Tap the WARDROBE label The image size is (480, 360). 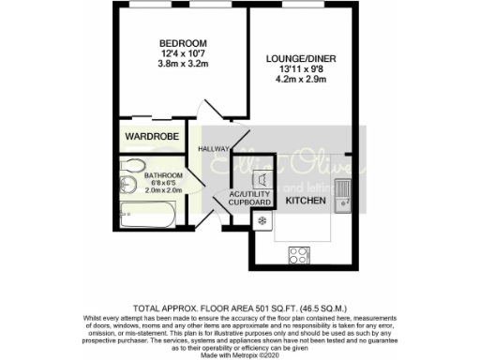tap(152, 137)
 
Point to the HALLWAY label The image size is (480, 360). tap(214, 149)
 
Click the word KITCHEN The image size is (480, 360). tap(305, 201)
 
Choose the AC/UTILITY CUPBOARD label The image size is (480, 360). tap(250, 198)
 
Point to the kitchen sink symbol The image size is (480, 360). tap(344, 190)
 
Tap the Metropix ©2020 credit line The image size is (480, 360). tap(239, 352)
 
